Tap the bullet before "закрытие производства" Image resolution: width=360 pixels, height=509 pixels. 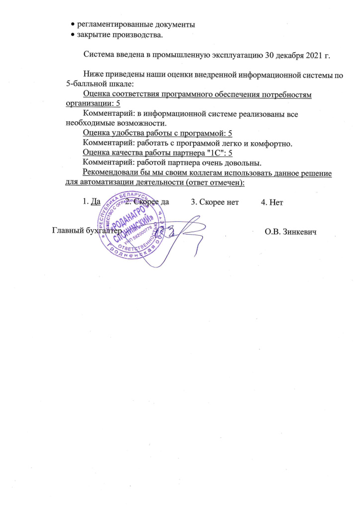click(73, 35)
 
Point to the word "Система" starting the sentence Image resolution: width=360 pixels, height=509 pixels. click(98, 55)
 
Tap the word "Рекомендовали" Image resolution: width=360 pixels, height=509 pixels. click(111, 172)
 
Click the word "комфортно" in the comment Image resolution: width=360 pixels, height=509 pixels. click(272, 143)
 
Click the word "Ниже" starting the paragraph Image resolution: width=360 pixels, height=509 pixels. click(92, 74)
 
